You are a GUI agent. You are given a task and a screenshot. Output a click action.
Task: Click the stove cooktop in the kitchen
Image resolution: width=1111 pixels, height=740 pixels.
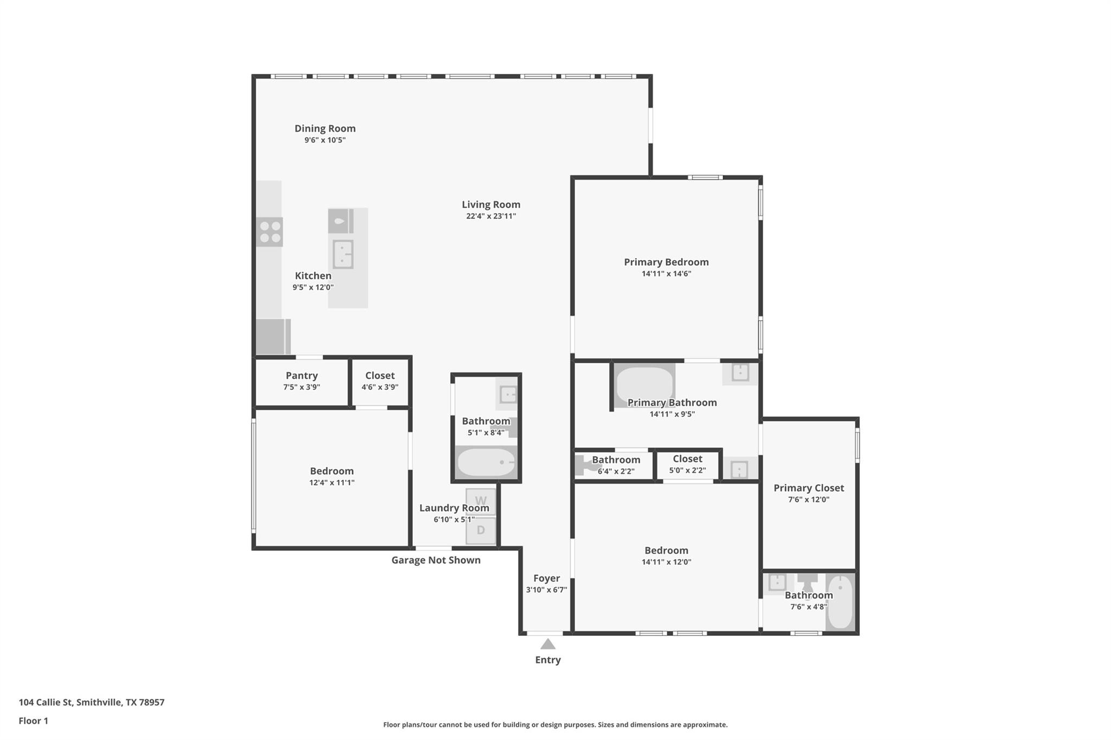click(x=269, y=232)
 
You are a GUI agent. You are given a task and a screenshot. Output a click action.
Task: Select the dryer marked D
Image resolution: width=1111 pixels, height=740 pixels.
click(x=481, y=530)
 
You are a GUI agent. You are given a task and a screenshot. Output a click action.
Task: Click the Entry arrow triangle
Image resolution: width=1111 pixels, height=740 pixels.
click(x=548, y=644)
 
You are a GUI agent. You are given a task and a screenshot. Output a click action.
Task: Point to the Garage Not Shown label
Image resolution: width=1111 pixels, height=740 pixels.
click(x=436, y=560)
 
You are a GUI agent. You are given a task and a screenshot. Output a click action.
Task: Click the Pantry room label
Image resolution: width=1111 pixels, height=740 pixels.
click(x=302, y=376)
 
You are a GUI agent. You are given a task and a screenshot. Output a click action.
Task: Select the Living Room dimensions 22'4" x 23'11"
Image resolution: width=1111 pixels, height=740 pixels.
click(x=490, y=216)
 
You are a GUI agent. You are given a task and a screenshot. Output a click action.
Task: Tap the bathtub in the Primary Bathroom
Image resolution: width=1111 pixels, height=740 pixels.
click(x=644, y=383)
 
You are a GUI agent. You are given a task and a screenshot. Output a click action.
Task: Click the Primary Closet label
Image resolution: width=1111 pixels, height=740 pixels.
click(x=808, y=488)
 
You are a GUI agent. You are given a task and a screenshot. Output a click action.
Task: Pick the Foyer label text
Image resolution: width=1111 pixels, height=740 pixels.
click(x=546, y=578)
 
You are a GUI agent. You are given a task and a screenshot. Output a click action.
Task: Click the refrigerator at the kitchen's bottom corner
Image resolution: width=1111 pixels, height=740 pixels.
click(x=272, y=337)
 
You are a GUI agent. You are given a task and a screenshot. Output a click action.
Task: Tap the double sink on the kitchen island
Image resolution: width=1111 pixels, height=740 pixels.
click(x=343, y=254)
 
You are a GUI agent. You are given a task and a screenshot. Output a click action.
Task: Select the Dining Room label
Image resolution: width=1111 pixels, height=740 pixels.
click(x=325, y=128)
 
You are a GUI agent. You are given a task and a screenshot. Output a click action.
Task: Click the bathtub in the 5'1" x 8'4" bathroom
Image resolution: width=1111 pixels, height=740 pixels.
click(x=486, y=462)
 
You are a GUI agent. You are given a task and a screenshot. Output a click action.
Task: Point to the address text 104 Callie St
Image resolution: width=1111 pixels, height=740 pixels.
click(x=91, y=702)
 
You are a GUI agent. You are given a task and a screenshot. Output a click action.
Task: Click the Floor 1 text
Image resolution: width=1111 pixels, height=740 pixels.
click(x=33, y=720)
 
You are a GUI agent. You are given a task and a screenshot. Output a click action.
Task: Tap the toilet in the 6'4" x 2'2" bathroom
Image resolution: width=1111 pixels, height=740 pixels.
click(x=585, y=465)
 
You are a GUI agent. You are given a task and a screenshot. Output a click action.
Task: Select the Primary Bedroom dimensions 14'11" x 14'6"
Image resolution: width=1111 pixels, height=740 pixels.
click(x=666, y=274)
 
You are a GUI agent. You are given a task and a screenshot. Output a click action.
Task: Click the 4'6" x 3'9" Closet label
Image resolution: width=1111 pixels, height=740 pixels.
click(x=380, y=376)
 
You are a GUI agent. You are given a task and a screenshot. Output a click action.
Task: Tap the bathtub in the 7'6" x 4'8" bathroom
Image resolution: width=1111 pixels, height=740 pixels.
click(x=840, y=602)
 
